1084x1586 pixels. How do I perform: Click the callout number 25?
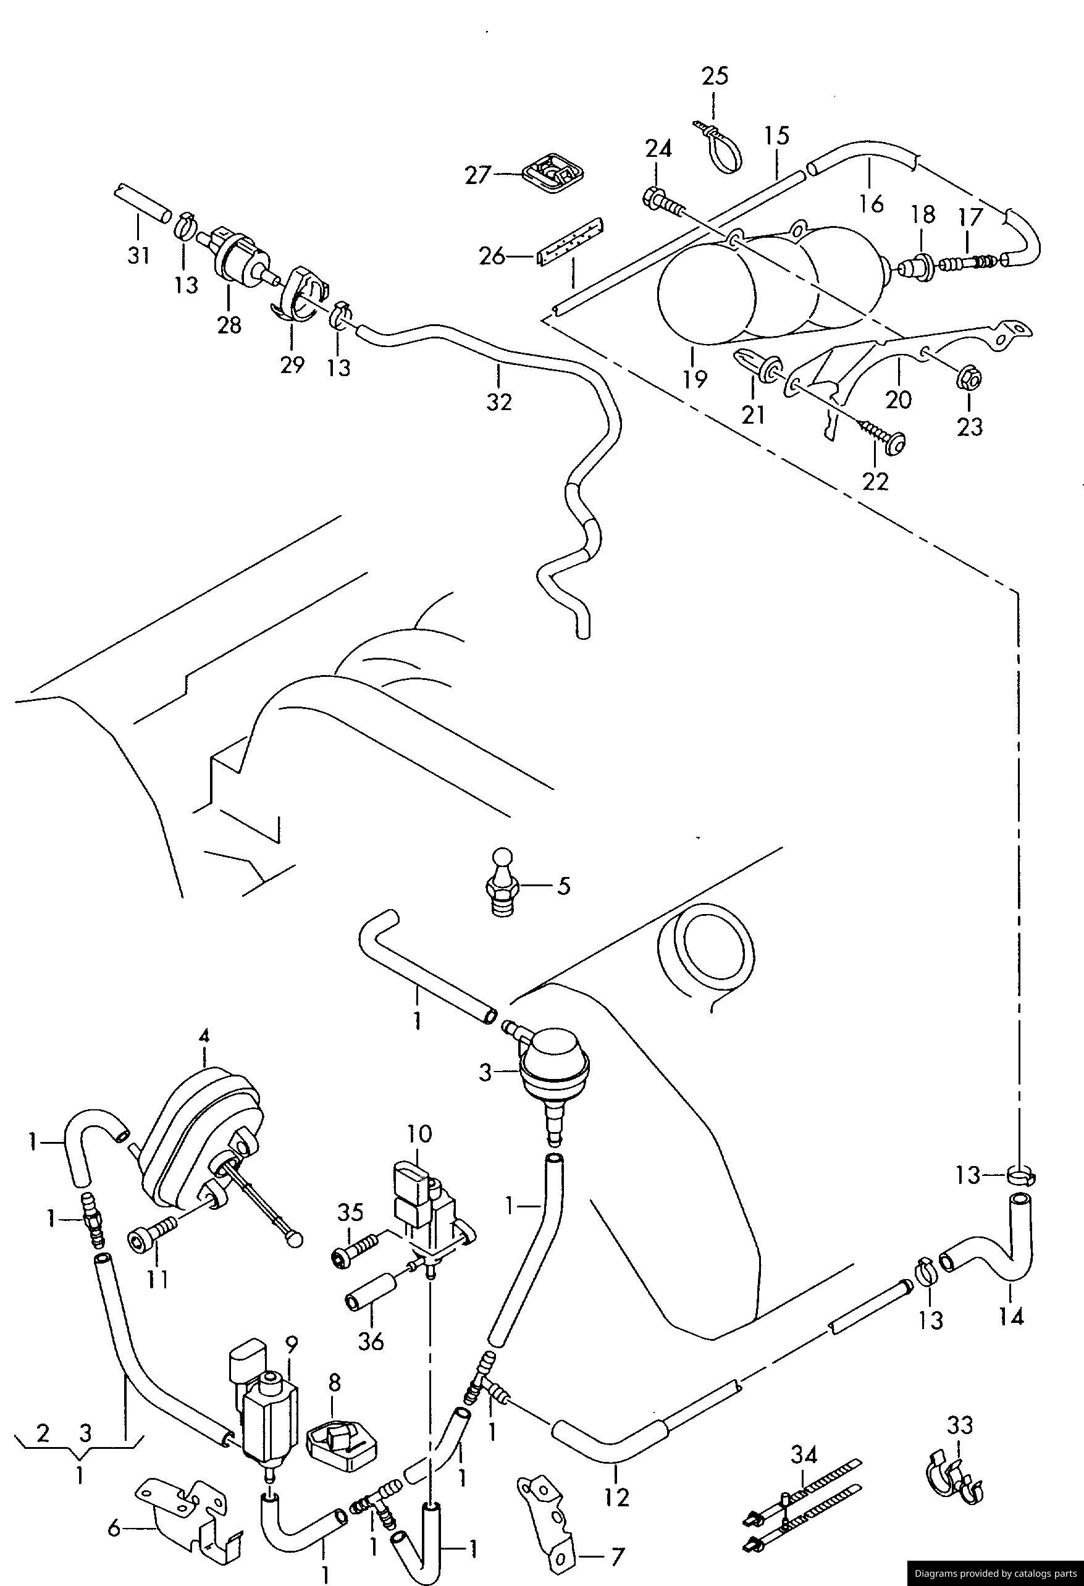[x=715, y=76]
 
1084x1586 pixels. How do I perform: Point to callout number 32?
[x=499, y=402]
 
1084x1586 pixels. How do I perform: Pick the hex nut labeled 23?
[x=968, y=377]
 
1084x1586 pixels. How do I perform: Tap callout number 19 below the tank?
[x=695, y=379]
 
